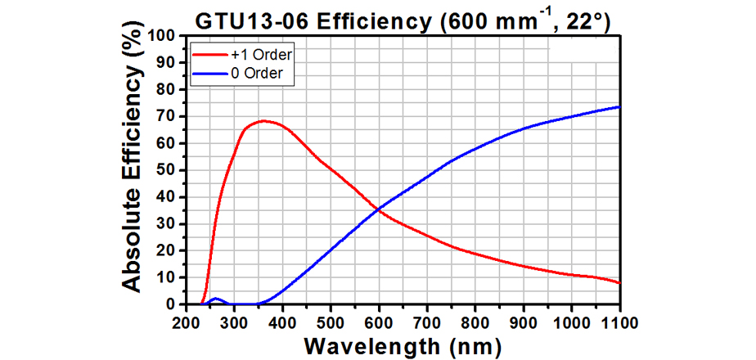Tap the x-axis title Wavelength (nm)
tap(402, 345)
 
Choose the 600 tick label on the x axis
tap(379, 319)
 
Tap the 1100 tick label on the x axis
tap(619, 319)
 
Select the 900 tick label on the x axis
tap(524, 319)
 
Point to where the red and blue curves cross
tap(379, 209)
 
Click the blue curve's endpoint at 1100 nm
tap(619, 106)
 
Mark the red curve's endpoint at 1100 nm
tap(619, 283)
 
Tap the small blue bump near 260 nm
tap(215, 299)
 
